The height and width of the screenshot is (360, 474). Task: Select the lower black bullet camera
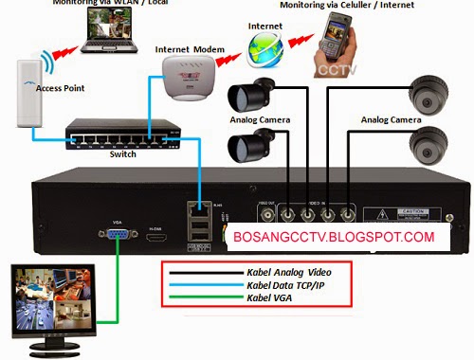248,146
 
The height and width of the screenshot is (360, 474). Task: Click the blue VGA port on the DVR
119,240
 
